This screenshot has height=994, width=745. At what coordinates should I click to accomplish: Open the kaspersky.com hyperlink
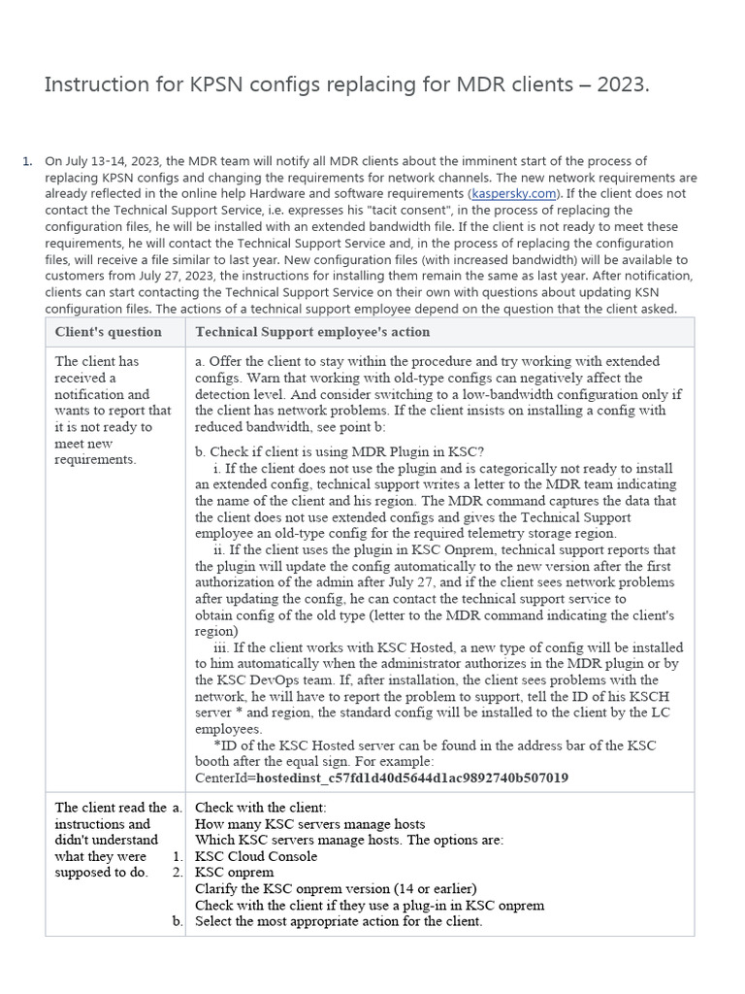click(515, 193)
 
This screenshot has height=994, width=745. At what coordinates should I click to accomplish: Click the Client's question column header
click(109, 332)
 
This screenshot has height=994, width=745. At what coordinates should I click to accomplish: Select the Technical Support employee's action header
click(312, 332)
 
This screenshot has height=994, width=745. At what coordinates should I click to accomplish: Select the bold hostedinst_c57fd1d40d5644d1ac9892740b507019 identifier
click(412, 778)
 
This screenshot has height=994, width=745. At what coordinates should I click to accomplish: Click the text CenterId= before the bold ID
click(225, 778)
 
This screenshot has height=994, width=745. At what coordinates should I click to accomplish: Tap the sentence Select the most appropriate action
click(339, 921)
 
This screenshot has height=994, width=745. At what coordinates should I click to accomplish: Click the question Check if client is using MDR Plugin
click(340, 451)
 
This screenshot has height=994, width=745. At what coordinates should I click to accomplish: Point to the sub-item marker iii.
click(219, 647)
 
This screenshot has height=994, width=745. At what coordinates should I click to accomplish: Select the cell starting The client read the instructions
click(110, 840)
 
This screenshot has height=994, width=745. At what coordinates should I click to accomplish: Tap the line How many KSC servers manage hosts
click(310, 824)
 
